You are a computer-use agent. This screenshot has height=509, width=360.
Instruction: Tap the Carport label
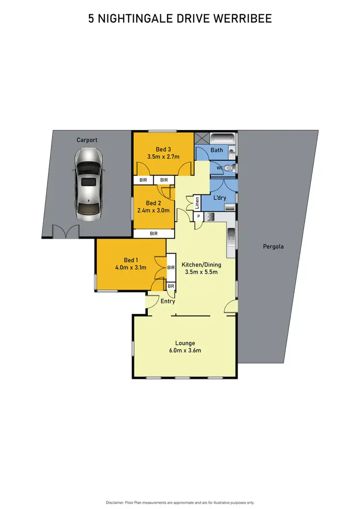(87, 140)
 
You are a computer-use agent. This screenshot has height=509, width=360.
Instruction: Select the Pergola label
(273, 247)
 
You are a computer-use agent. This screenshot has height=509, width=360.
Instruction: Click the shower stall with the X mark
(202, 138)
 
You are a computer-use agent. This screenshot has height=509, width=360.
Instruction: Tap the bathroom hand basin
(232, 153)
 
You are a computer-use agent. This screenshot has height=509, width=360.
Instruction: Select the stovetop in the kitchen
(209, 218)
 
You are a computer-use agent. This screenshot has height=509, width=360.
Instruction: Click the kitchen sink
(231, 235)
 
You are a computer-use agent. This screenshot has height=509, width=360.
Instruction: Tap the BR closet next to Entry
(171, 286)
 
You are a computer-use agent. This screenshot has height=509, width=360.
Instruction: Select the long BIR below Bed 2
(154, 233)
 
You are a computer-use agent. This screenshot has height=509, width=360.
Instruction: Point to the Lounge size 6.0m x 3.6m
(185, 351)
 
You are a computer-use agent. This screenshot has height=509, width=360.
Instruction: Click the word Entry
(168, 302)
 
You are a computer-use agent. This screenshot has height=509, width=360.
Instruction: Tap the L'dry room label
(219, 198)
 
